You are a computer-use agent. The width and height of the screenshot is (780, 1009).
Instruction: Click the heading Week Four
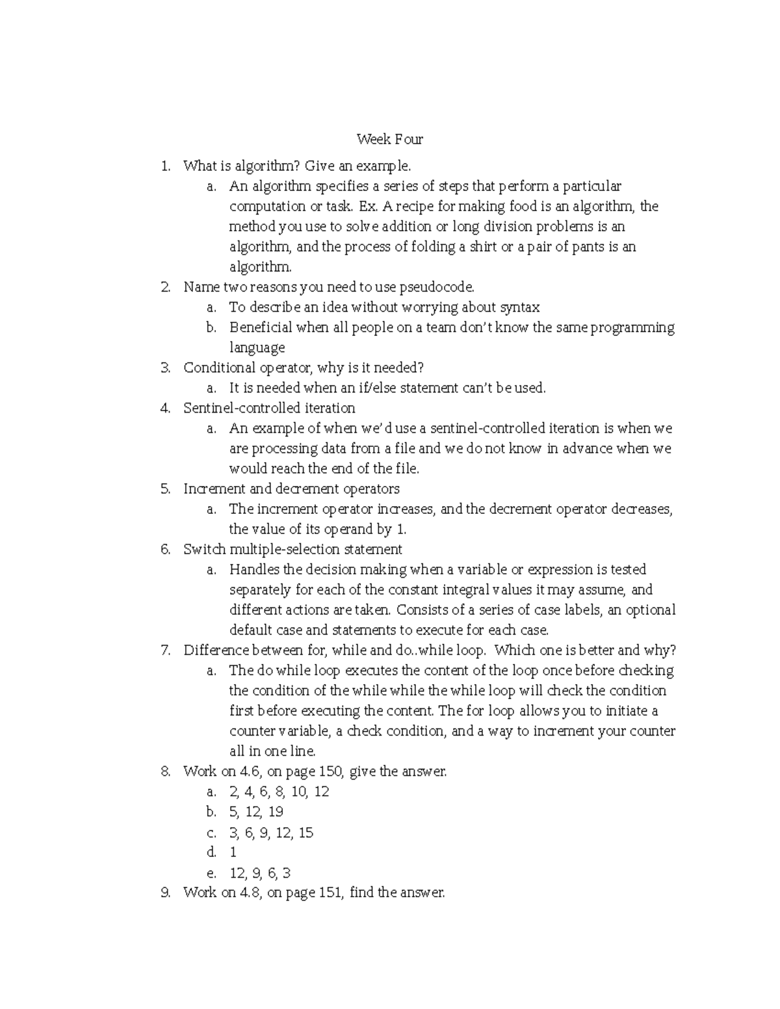(389, 139)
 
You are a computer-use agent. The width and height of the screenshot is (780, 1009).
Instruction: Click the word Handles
(255, 570)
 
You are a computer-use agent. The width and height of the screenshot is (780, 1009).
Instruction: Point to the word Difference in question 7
(216, 650)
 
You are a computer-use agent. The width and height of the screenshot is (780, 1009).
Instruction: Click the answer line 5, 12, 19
(256, 812)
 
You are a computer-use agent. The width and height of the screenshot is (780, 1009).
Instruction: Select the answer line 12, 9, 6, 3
(260, 873)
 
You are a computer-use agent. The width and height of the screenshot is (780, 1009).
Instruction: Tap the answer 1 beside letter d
(233, 852)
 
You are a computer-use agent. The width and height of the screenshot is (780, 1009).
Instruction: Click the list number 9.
(165, 893)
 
